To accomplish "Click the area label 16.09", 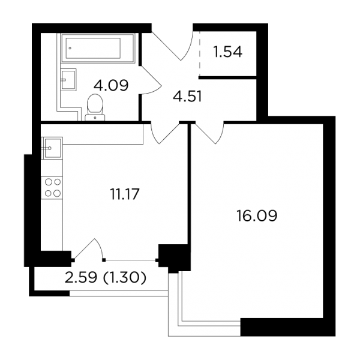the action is [257, 215].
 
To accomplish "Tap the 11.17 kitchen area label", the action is [125, 194].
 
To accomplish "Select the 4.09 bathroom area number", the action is [111, 85].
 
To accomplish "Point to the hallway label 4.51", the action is [187, 97].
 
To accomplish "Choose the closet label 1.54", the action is [227, 52].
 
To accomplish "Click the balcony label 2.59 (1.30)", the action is [106, 278].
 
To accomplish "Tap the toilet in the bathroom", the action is [95, 107].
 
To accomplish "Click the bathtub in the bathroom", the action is [98, 48].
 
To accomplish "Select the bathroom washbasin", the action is [68, 80].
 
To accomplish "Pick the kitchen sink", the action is [52, 148].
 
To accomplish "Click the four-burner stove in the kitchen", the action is [52, 188].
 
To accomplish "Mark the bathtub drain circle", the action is [70, 48].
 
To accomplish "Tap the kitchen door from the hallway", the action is [165, 133].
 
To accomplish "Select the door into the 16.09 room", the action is [209, 133].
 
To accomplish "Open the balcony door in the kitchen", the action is [88, 249].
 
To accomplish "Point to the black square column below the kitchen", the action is [175, 259].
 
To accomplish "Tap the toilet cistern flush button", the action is [95, 118].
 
